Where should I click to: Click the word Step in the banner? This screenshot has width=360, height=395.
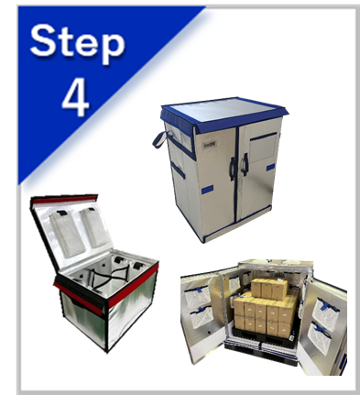click(78, 43)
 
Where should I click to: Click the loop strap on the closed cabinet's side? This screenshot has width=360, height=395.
click(160, 140)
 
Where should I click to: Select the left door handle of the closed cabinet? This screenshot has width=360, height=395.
click(233, 169)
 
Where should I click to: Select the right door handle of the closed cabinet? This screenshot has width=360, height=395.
click(245, 165)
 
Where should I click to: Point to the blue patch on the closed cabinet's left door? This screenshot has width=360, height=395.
click(207, 190)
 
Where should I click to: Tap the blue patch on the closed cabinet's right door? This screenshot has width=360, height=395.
click(270, 167)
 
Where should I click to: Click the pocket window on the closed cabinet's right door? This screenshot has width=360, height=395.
click(263, 148)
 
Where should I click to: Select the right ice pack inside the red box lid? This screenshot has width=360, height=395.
click(95, 226)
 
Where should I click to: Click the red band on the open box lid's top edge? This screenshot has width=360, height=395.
click(65, 199)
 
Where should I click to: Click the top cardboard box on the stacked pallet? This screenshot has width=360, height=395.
click(269, 288)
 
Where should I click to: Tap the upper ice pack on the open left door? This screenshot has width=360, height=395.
click(198, 296)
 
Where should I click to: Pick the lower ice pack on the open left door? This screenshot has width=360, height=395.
click(202, 317)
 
